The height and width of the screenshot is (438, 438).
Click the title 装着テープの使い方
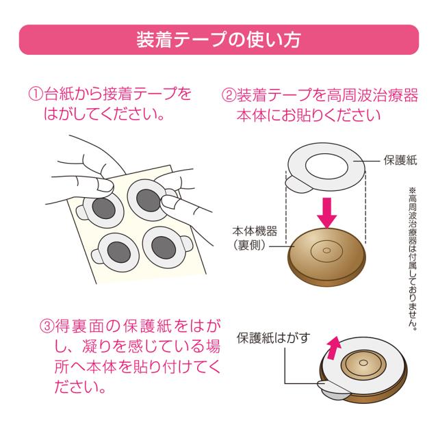[x=218, y=40]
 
